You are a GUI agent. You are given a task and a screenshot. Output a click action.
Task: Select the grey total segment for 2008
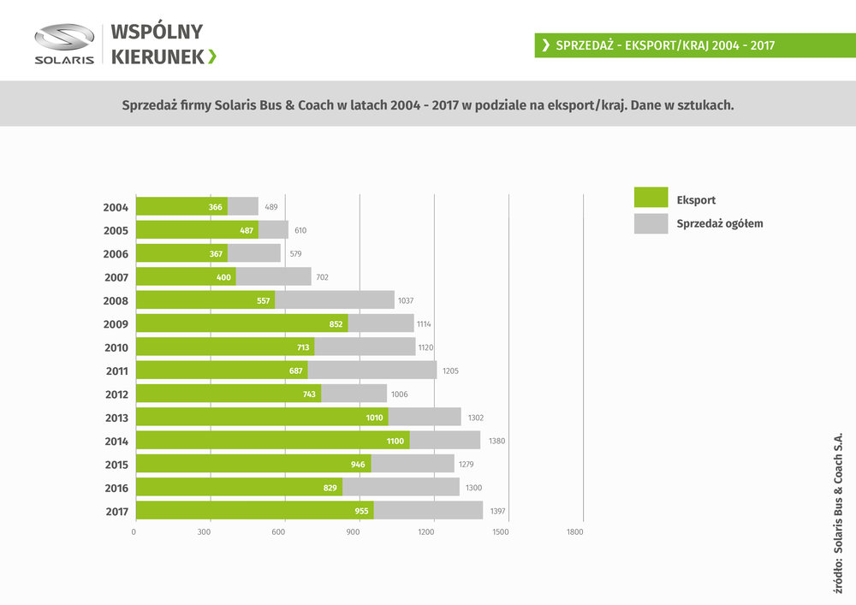click(x=334, y=300)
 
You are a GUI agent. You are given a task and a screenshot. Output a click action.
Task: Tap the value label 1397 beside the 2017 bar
click(x=498, y=512)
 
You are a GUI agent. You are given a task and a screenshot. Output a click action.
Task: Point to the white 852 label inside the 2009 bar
click(x=336, y=324)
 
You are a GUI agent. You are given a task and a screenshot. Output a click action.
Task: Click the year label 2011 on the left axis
click(x=116, y=371)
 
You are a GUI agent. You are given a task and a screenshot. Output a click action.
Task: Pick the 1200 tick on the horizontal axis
click(x=426, y=532)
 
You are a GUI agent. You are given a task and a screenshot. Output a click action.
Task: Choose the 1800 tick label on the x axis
click(x=574, y=532)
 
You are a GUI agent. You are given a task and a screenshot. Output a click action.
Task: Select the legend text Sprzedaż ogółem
click(x=719, y=224)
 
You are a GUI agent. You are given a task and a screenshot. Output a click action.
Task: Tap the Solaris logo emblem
click(x=64, y=38)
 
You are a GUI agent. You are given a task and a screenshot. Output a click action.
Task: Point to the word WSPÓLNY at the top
click(x=157, y=33)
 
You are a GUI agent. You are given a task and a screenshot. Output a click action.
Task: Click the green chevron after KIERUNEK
click(x=212, y=56)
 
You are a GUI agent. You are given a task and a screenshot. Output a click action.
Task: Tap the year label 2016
click(x=116, y=489)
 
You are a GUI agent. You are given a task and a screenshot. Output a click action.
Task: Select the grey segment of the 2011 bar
click(x=372, y=371)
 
